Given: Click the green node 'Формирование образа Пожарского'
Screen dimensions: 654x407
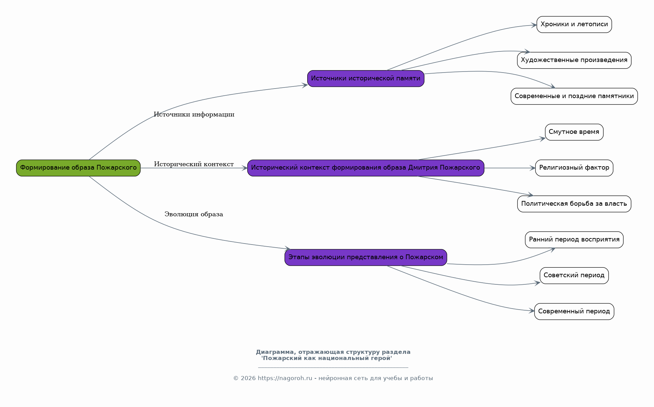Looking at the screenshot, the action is pos(78,168).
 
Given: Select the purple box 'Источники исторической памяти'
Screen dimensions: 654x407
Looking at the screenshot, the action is pos(366,79).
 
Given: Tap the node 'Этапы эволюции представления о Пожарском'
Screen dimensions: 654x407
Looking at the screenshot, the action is pos(366,257).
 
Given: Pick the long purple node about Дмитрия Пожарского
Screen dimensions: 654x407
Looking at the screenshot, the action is pos(366,168).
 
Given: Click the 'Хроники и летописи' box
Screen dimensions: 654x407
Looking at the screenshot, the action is pos(574,25).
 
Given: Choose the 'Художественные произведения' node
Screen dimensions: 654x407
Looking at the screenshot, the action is pos(574,60).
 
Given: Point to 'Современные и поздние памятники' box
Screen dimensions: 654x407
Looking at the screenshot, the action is pos(574,96).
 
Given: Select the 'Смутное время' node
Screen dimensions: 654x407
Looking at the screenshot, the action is pos(574,132).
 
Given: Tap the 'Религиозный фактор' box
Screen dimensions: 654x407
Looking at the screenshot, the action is pos(574,168).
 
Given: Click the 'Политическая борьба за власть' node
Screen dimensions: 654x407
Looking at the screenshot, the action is pos(574,204).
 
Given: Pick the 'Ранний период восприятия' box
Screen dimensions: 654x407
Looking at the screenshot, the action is pos(574,240).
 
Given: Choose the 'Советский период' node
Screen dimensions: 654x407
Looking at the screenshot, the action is pos(574,276).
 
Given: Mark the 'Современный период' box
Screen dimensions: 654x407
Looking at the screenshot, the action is pos(574,312).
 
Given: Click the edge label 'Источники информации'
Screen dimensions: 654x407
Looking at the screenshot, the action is pos(194,114).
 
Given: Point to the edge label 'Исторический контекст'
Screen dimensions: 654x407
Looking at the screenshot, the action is pos(194,164).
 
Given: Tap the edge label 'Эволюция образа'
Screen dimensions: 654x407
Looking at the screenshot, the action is pos(194,214).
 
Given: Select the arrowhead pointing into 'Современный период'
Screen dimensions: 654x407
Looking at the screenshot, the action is pos(531,311).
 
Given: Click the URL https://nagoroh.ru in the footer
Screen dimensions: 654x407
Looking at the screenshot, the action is pos(285,378).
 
